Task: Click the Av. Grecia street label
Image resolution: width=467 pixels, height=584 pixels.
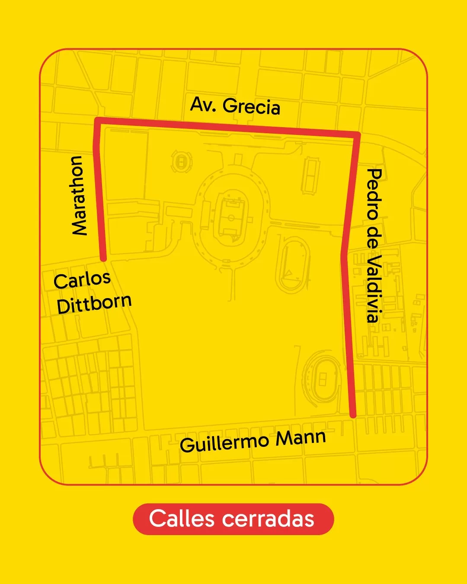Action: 235,106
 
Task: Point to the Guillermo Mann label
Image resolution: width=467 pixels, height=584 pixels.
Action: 253,441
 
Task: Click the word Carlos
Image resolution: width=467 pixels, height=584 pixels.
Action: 82,280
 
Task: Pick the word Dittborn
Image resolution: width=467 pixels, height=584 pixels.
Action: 94,304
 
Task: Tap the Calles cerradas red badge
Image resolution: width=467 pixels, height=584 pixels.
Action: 233,519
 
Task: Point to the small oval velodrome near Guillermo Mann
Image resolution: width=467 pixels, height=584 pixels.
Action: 322,379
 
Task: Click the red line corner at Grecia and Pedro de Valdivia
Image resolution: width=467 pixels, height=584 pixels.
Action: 357,135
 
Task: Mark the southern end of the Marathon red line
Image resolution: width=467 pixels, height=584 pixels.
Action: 103,258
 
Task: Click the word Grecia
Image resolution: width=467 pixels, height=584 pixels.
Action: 252,106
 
